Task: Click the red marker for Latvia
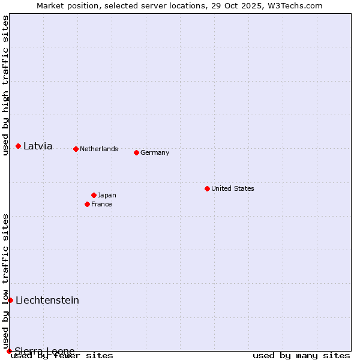19,146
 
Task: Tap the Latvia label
38,146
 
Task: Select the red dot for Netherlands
76,149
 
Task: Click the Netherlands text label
99,149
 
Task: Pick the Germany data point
136,152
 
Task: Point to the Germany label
155,152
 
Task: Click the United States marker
207,188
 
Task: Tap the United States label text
233,188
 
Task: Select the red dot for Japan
94,195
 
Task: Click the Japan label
107,195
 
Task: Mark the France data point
88,204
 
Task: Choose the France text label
101,204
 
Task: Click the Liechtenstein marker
10,300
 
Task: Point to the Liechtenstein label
47,300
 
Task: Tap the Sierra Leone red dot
9,351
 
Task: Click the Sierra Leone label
45,350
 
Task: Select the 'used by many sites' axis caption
301,355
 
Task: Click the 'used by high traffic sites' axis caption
5,85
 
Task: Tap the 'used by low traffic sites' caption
5,281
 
